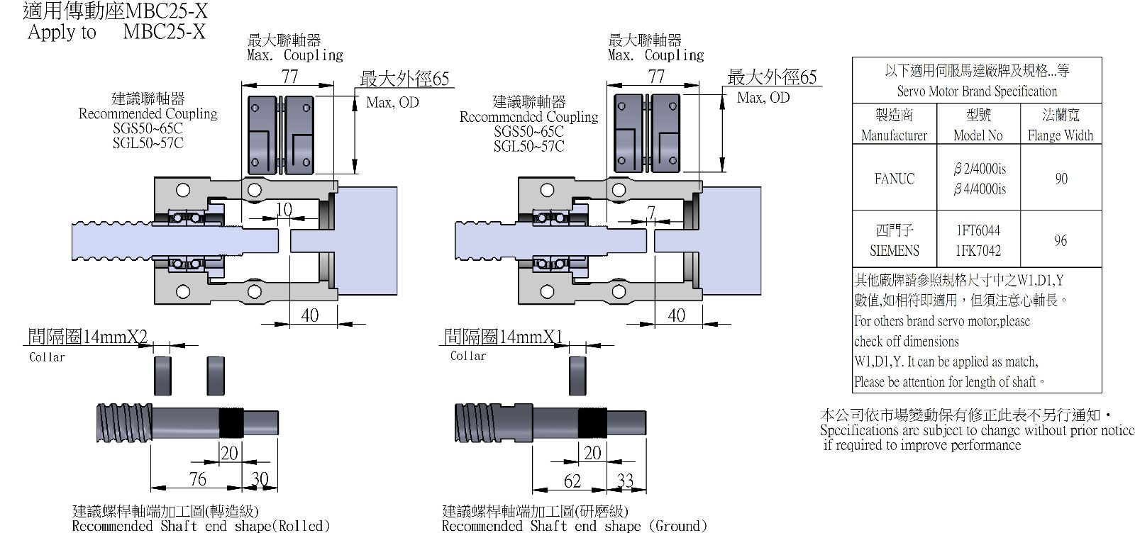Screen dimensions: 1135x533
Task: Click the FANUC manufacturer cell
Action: point(895,179)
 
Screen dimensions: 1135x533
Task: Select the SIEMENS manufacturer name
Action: point(895,251)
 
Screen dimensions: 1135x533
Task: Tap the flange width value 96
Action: point(1061,240)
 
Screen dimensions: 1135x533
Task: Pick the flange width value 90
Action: point(1061,179)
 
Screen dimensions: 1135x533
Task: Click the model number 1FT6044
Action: point(978,231)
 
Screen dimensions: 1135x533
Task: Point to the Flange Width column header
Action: point(1061,135)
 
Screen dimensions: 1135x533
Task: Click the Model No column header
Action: point(978,135)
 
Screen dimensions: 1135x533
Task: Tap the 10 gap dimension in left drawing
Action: point(284,209)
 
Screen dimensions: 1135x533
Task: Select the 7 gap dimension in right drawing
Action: point(651,212)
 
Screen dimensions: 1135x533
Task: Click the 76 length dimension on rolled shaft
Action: point(198,478)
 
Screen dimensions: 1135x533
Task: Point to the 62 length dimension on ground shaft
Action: point(572,481)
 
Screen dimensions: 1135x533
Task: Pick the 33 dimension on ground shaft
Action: point(625,480)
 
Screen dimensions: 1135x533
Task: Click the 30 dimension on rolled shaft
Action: point(260,478)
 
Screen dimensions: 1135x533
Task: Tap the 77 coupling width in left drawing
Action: point(290,77)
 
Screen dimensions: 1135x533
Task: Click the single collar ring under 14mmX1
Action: point(577,376)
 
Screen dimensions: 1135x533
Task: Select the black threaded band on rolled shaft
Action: point(231,422)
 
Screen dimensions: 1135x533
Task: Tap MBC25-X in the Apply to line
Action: point(164,32)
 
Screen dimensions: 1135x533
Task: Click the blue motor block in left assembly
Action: point(366,241)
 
